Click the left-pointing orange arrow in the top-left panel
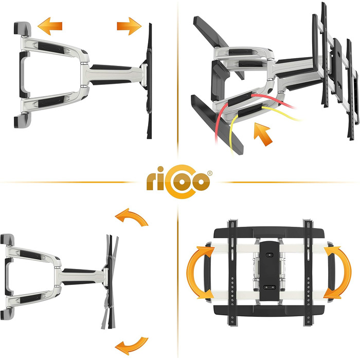tap(50, 26)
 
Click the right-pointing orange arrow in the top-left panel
tap(129, 26)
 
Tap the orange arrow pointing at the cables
tap(263, 134)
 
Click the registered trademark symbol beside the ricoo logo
tap(209, 173)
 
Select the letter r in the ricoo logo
tap(152, 182)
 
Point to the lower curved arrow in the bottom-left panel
tap(132, 346)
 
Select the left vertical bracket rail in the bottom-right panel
tap(232, 273)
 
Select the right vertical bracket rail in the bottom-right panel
tap(308, 273)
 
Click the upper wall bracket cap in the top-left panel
tap(23, 29)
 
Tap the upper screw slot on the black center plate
tap(269, 255)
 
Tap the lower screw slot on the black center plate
tap(269, 287)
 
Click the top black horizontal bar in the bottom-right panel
tap(269, 232)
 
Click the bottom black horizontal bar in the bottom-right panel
tap(269, 311)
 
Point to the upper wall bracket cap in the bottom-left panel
tap(7, 240)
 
